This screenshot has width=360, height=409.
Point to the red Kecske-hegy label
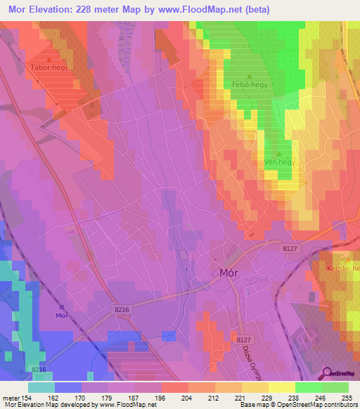pyautogui.click(x=343, y=269)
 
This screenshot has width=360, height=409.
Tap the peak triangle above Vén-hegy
pyautogui.click(x=279, y=154)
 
